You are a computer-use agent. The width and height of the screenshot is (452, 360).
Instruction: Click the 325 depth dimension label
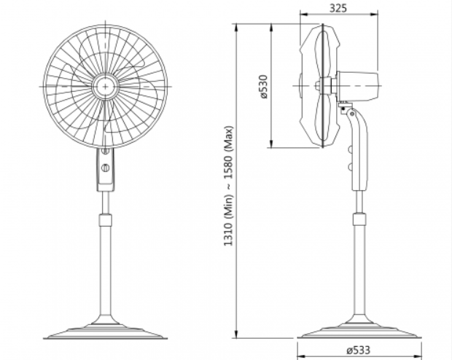(338, 8)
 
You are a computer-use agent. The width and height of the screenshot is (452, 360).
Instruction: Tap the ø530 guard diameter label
(263, 87)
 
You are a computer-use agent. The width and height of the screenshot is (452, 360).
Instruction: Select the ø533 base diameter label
(358, 351)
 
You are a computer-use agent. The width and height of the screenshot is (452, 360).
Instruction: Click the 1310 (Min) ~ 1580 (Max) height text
(228, 186)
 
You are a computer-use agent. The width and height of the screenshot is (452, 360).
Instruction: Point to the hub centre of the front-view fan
(106, 87)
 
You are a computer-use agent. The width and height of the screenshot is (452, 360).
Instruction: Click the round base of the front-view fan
(106, 331)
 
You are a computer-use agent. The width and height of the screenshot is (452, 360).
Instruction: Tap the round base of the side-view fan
(359, 331)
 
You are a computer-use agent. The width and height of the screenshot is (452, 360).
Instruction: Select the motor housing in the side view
(358, 86)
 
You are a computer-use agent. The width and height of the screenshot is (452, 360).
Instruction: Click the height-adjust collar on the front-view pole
(106, 220)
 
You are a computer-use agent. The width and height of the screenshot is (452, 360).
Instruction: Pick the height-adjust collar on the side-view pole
(359, 220)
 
